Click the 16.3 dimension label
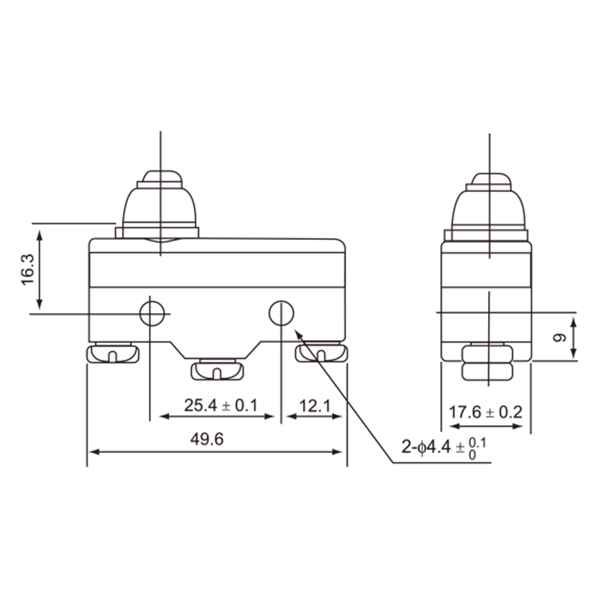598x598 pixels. click(28, 270)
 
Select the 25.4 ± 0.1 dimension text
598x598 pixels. click(221, 405)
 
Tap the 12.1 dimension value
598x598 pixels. click(315, 406)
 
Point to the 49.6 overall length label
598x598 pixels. click(207, 440)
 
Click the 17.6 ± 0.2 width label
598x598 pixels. click(485, 413)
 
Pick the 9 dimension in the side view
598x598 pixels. click(560, 338)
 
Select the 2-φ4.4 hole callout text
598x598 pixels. click(444, 448)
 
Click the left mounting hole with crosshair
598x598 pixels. click(152, 313)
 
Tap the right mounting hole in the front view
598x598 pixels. click(282, 313)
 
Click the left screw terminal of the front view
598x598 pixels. click(113, 353)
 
